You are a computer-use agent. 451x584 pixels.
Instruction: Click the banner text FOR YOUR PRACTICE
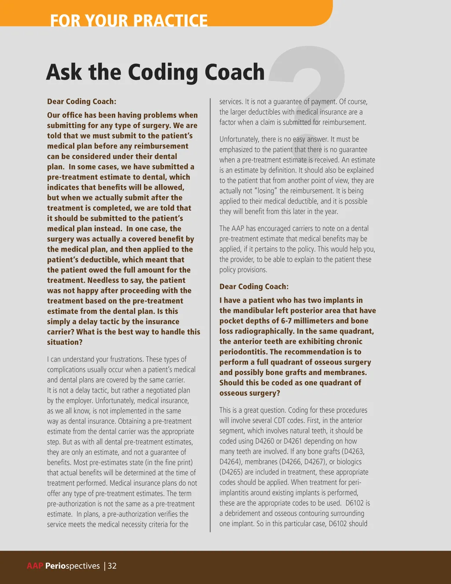click(129, 20)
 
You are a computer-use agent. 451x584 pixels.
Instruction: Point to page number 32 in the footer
click(112, 566)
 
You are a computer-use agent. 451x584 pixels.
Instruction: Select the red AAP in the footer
click(35, 566)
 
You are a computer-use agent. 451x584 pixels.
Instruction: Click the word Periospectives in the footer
click(73, 566)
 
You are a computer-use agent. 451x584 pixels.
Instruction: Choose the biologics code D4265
click(229, 472)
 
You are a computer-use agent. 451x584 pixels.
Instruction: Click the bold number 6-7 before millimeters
click(289, 321)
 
